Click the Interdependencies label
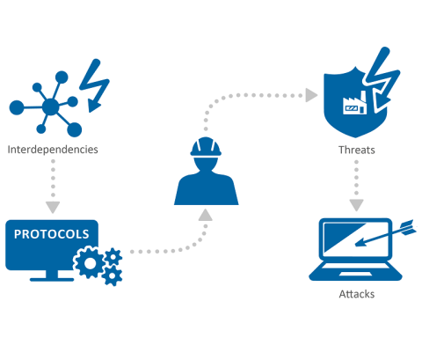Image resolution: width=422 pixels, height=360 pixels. coord(53,150)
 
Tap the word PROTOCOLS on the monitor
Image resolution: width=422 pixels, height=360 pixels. coord(52,234)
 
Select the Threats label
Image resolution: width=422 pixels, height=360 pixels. coord(357,150)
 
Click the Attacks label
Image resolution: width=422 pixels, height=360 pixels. coord(357,294)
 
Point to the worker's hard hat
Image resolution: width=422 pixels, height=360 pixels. coord(206,147)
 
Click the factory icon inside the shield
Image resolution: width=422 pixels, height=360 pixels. coord(355,103)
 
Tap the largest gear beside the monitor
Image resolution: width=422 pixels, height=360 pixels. coord(90,262)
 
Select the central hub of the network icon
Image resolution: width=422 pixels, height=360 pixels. coord(51,107)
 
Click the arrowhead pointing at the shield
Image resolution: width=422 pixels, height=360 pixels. coord(311,95)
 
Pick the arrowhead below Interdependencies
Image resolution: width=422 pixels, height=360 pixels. coord(53,207)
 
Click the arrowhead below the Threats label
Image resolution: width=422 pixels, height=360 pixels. coord(356,205)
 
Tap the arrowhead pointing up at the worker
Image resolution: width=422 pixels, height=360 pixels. coord(206,215)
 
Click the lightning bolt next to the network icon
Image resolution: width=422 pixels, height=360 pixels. coord(94,85)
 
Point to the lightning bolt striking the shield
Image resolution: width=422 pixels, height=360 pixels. coord(381,79)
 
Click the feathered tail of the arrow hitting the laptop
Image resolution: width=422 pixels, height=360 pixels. coord(408,227)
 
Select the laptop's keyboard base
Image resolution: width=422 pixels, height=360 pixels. coord(355,271)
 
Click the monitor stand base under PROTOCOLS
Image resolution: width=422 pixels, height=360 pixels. coord(52,279)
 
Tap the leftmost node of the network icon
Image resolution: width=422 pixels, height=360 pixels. coord(17,107)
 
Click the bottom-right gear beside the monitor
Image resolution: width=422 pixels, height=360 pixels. coord(112,276)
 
